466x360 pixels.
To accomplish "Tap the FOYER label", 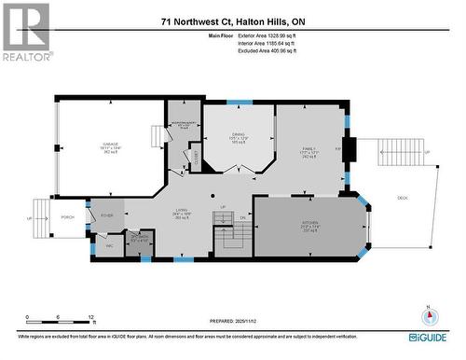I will pyautogui.click(x=107, y=214).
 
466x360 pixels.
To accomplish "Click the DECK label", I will pyautogui.click(x=403, y=196).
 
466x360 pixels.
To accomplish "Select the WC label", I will pyautogui.click(x=110, y=245).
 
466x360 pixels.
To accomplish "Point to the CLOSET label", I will pyautogui.click(x=198, y=154).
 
